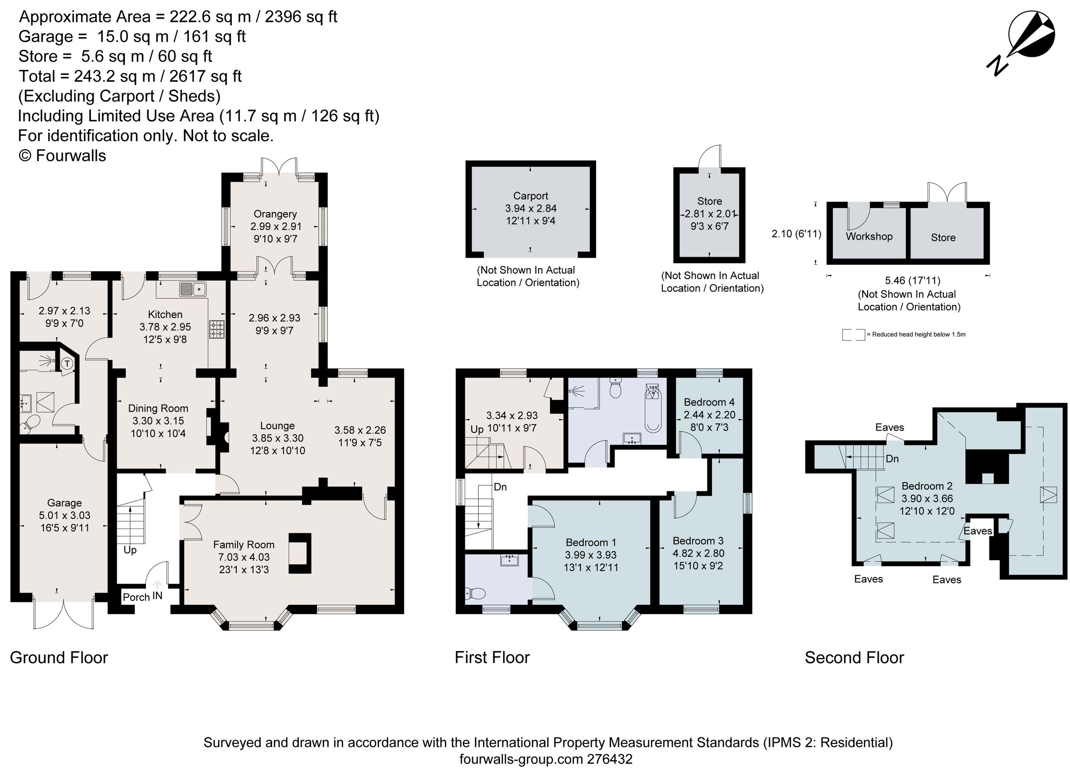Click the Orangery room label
coord(275,213)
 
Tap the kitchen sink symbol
coord(193,289)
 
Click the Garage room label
coord(64,503)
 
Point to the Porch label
coord(136,597)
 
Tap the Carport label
coord(530,196)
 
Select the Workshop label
coord(869,236)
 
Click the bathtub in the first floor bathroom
coord(654,410)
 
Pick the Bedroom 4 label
coord(708,402)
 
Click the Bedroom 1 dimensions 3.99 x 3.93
coord(591,555)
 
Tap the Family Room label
coord(243,545)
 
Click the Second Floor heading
coord(854,657)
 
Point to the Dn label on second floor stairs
coord(892,459)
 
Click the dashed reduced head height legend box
coord(853,334)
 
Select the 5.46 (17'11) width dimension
coord(912,281)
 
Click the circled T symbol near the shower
coord(67,364)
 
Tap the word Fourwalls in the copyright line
coord(71,156)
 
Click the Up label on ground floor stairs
coord(130,550)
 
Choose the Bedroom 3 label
coord(698,541)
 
